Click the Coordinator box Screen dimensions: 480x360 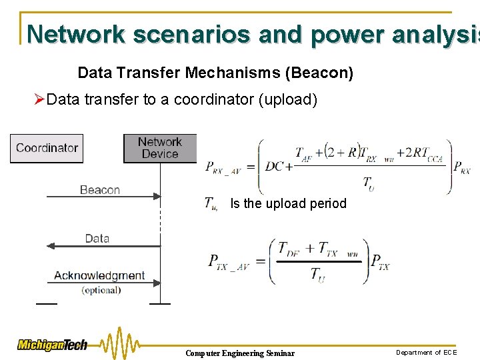tap(47, 148)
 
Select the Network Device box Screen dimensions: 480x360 tap(160, 148)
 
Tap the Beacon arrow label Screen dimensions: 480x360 tap(99, 190)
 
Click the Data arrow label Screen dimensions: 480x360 tap(97, 238)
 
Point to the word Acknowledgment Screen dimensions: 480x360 tap(99, 275)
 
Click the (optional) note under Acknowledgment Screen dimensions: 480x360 tap(101, 290)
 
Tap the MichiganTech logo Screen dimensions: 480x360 tap(53, 345)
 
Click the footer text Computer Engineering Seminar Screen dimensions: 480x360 tap(239, 353)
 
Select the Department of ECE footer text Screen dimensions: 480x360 tap(427, 352)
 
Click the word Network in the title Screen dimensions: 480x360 tap(76, 34)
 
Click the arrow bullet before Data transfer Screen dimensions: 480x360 tap(39, 100)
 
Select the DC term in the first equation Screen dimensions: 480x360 tap(275, 166)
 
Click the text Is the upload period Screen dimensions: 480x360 tap(288, 203)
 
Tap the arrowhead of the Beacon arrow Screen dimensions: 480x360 tap(157, 196)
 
